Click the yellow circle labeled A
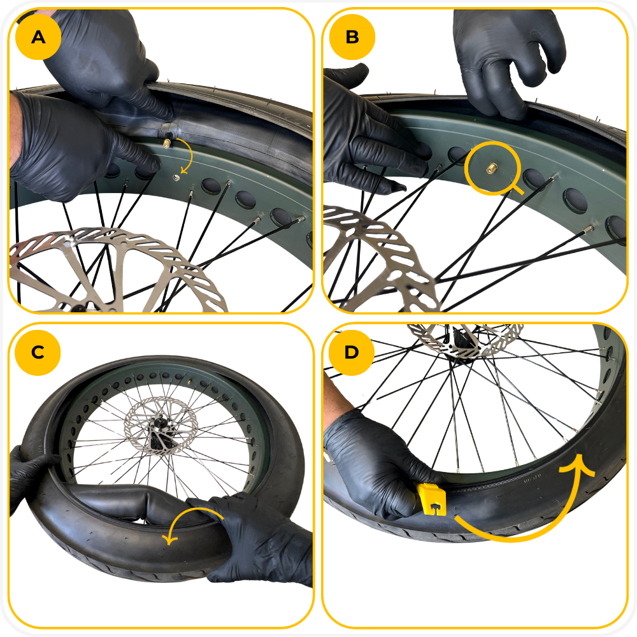(x=38, y=37)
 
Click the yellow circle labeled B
(x=352, y=37)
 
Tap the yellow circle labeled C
(x=38, y=352)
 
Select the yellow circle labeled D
(x=352, y=352)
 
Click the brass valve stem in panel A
(x=167, y=143)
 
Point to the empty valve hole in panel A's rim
(x=176, y=177)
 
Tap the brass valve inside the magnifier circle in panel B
(x=492, y=168)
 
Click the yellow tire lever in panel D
(x=431, y=499)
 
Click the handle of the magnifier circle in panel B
(x=517, y=188)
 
